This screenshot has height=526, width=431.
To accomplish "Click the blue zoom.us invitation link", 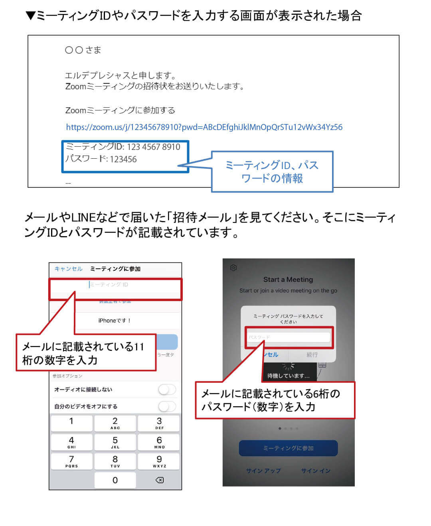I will click(x=204, y=127).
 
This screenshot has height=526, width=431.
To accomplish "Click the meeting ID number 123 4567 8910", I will click(x=154, y=147).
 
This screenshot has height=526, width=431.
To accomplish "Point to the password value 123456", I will click(x=123, y=160).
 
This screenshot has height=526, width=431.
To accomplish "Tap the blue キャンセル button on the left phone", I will click(x=68, y=269).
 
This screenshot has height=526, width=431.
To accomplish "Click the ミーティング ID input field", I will click(x=115, y=285).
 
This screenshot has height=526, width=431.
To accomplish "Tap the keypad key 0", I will click(x=115, y=480).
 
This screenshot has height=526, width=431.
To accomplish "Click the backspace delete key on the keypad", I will click(x=159, y=480).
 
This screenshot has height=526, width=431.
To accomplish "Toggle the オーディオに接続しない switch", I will click(x=167, y=390).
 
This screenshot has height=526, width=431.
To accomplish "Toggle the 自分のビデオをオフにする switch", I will click(x=167, y=406).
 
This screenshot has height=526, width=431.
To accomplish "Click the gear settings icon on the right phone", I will click(x=233, y=268).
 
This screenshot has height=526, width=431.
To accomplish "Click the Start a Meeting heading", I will click(x=288, y=280).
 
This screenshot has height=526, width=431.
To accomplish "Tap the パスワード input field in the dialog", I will click(x=288, y=337).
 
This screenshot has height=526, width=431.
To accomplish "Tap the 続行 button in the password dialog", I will click(x=312, y=355).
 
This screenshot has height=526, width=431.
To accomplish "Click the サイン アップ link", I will click(x=263, y=471).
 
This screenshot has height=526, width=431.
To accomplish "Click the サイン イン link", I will click(x=316, y=471).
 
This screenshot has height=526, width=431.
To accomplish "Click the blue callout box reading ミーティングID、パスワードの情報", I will click(x=272, y=171).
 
